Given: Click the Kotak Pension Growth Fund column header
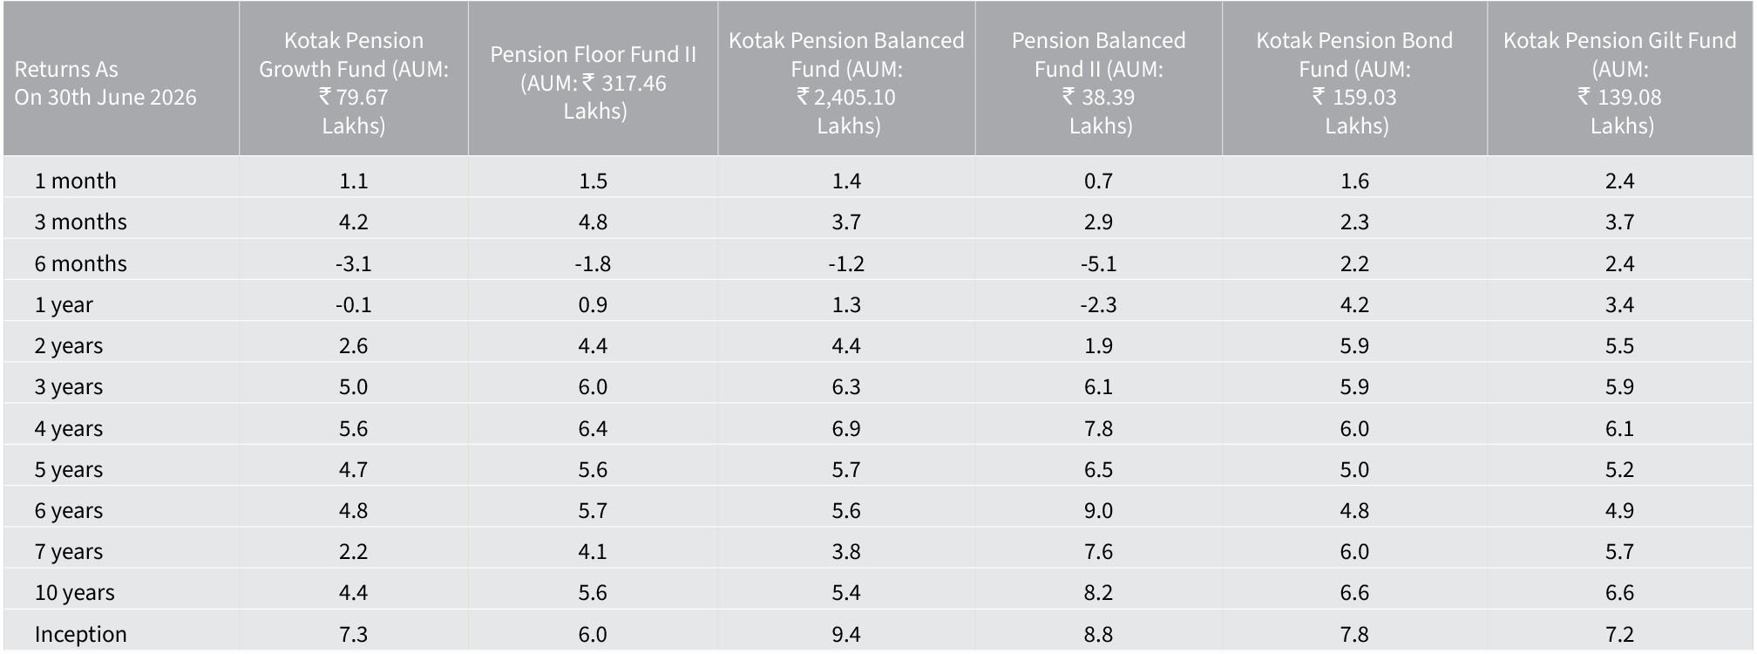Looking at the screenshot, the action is click(x=354, y=83).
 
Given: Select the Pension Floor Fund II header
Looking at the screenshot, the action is click(x=594, y=83).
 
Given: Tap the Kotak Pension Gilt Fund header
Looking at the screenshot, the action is click(x=1620, y=83).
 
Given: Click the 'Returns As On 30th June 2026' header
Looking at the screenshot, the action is click(x=105, y=83).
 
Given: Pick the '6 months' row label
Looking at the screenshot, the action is click(x=81, y=263).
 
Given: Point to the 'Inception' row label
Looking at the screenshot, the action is click(x=81, y=634).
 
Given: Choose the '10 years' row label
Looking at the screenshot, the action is click(x=75, y=593).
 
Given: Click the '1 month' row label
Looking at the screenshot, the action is click(x=76, y=181).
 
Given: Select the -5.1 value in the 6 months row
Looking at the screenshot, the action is click(x=1098, y=263).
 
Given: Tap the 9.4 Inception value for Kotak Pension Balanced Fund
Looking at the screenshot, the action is click(x=846, y=634).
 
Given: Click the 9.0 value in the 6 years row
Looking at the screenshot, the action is click(x=1098, y=510).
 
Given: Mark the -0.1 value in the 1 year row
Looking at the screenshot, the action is click(x=354, y=304).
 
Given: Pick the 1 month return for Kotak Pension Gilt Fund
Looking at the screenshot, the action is click(x=1620, y=181).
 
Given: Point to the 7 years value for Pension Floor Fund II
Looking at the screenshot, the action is click(x=593, y=551).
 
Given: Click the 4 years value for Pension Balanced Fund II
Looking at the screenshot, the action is click(x=1098, y=428).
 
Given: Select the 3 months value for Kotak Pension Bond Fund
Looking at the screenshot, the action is click(x=1354, y=221).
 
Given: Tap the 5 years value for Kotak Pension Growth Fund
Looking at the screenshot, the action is click(x=354, y=469).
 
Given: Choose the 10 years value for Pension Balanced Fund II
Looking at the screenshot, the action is click(x=1098, y=593).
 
